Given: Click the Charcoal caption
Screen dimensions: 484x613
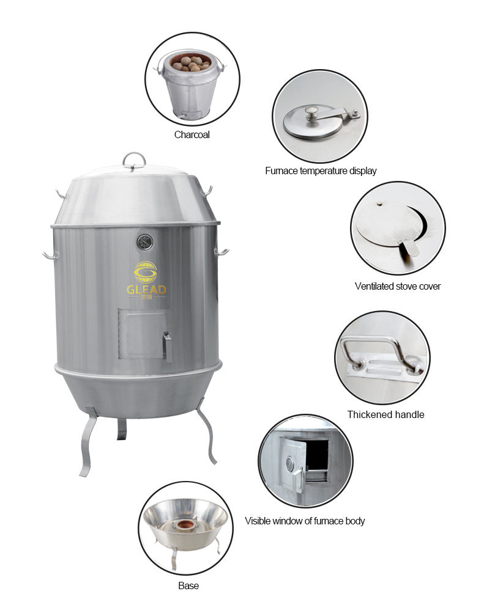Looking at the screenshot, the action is (192, 135).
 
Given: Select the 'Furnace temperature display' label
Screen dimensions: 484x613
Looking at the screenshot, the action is (321, 171).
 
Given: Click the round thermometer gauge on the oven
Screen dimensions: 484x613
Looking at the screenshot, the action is (145, 243).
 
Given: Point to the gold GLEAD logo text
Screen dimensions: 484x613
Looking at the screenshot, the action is (146, 290).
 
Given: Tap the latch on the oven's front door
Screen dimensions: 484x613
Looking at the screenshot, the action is (168, 346).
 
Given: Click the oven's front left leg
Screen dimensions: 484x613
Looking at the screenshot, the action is (89, 442).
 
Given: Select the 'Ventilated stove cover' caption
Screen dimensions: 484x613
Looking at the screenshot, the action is (398, 287).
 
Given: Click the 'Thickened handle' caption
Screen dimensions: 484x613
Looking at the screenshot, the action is (385, 415).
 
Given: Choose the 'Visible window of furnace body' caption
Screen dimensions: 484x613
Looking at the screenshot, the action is (305, 521).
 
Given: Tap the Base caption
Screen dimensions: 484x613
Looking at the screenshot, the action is (188, 585).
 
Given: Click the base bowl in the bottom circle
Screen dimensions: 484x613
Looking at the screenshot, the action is (185, 524).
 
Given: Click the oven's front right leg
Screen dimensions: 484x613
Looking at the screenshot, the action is (207, 431).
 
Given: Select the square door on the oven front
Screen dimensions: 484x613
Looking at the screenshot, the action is (142, 334).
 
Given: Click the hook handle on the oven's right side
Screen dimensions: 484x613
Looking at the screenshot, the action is (222, 252).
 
